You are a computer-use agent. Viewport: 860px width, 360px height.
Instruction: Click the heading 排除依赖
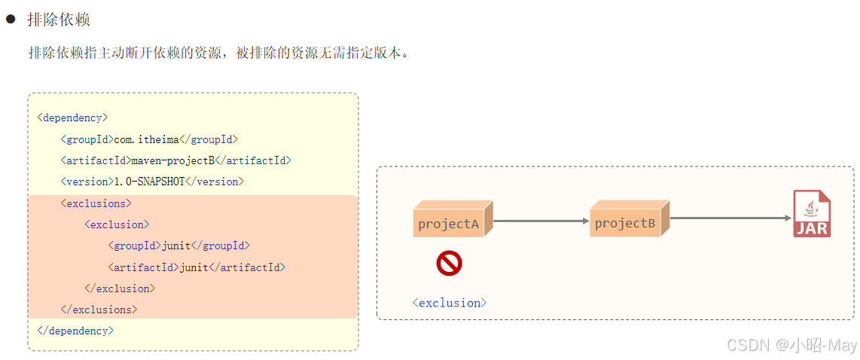coord(58,20)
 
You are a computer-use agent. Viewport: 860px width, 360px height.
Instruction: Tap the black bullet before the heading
coord(11,20)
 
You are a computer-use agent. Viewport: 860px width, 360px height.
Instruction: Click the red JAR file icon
coord(812,215)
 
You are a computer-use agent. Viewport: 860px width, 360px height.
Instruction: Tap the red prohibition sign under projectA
coord(449,264)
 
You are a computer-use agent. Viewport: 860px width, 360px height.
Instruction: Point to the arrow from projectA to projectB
coord(541,221)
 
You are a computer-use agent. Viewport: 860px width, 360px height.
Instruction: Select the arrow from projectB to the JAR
coord(730,218)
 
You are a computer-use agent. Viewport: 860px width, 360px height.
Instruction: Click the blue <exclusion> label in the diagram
coord(450,303)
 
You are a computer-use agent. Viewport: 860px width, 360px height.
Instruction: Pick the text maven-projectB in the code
coord(172,160)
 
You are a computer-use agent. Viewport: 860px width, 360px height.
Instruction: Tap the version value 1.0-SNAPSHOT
coord(148,182)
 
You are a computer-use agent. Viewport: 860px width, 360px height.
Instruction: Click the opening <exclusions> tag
coord(96,203)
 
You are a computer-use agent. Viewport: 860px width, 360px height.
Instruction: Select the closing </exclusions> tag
coord(99,310)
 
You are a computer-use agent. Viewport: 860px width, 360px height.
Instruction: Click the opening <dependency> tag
coord(72,117)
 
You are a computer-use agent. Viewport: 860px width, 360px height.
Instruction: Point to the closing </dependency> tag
coord(75,331)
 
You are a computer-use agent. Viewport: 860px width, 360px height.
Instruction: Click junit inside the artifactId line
coord(194,267)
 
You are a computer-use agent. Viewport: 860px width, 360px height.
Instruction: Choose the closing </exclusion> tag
coord(120,288)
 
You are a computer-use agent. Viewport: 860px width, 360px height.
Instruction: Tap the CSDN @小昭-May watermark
coord(791,345)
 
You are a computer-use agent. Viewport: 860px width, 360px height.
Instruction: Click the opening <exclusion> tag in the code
coord(117,224)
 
